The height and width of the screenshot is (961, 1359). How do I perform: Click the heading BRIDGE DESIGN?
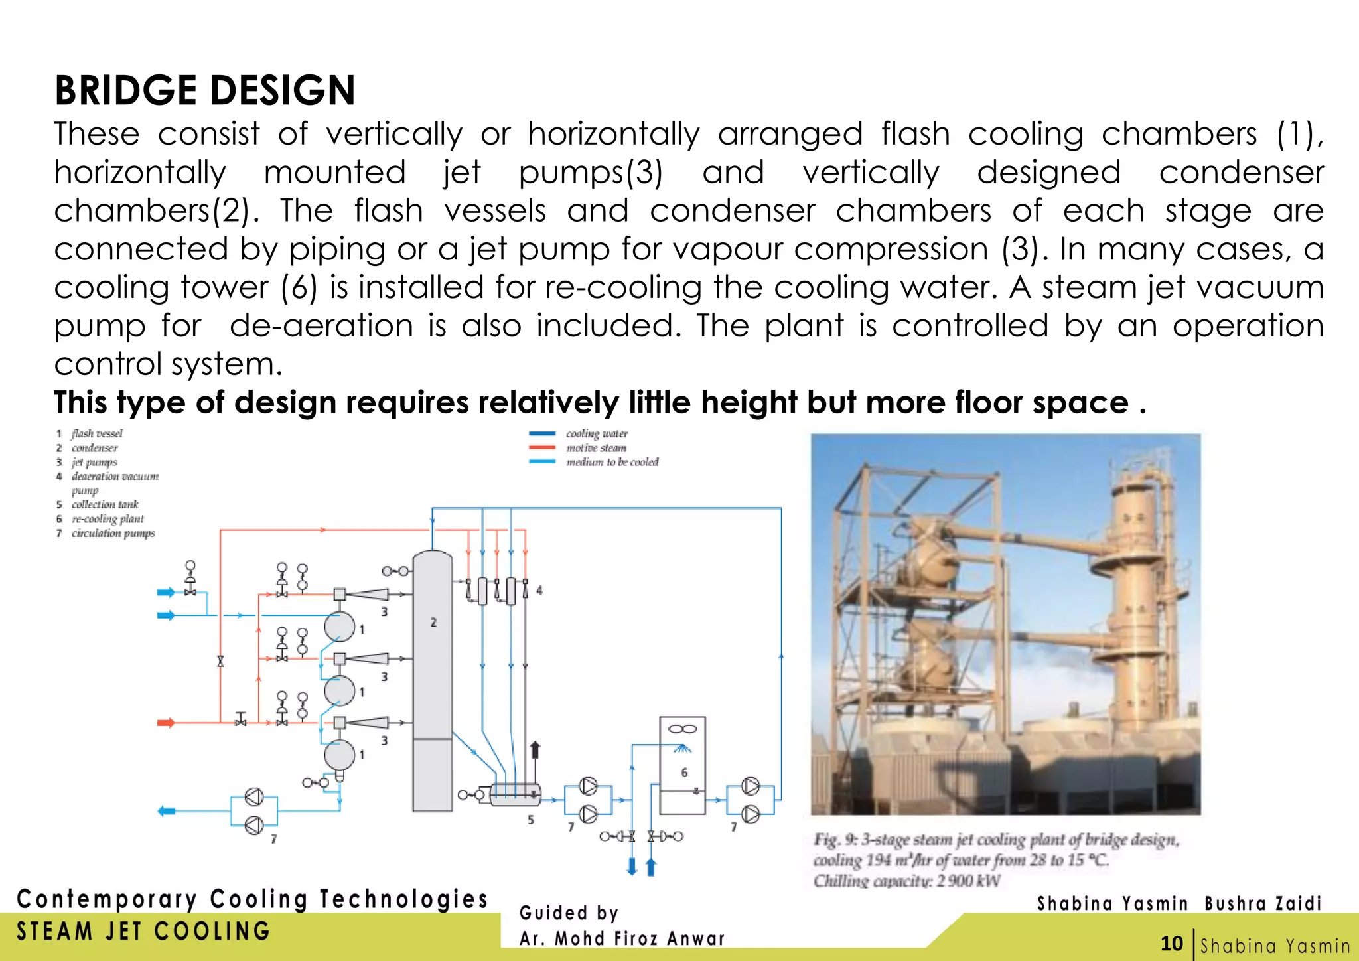[204, 90]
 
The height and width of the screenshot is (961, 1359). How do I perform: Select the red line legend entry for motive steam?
[542, 448]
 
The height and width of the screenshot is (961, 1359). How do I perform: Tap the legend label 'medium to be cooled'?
[612, 462]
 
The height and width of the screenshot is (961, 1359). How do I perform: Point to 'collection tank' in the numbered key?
[105, 504]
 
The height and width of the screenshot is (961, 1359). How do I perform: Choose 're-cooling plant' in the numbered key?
[107, 519]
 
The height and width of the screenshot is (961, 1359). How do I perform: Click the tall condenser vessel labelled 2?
[433, 677]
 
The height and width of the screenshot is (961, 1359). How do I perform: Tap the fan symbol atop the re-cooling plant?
[682, 729]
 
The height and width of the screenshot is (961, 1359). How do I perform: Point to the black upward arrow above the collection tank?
[535, 750]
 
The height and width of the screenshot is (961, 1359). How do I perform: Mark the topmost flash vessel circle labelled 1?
[340, 626]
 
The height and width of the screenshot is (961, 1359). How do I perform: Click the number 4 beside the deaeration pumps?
[539, 590]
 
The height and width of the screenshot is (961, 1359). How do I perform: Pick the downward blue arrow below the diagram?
[632, 866]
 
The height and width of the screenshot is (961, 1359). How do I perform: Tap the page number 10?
[1172, 944]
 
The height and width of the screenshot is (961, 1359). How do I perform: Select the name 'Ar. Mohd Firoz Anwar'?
[622, 938]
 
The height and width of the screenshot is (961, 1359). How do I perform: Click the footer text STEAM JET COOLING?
[143, 931]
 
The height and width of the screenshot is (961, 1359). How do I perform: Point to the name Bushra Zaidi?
[1263, 903]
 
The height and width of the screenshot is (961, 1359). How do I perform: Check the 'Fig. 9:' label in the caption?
[836, 840]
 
